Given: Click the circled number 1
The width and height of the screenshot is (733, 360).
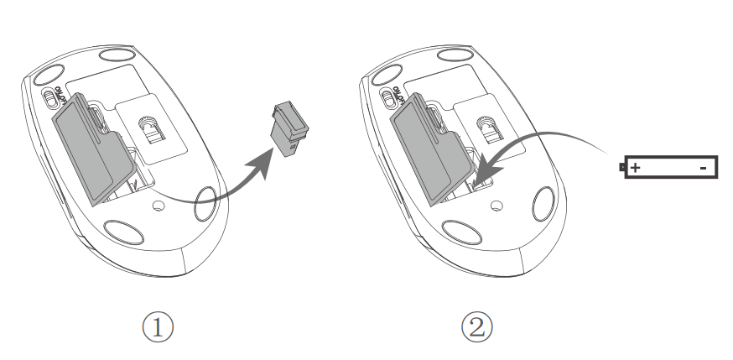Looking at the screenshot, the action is click(158, 327).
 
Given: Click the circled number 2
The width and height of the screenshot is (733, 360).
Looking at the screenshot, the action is click(477, 327).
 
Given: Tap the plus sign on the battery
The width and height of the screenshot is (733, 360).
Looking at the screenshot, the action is click(635, 167).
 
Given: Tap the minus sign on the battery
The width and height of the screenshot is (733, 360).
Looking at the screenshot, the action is click(703, 168).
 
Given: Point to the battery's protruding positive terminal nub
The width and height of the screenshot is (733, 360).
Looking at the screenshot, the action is click(621, 167).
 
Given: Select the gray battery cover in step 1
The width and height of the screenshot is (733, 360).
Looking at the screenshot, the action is click(93, 149).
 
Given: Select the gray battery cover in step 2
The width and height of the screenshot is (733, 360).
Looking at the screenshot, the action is click(431, 149).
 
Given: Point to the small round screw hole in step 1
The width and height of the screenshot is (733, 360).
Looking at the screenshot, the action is click(159, 206).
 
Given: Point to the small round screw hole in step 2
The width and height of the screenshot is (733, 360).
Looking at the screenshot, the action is click(496, 206).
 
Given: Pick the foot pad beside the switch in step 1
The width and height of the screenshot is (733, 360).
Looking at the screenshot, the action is click(48, 75).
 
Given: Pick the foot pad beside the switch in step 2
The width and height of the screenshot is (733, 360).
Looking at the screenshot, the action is click(387, 75).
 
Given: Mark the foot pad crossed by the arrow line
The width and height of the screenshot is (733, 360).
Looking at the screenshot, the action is click(205, 203).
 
